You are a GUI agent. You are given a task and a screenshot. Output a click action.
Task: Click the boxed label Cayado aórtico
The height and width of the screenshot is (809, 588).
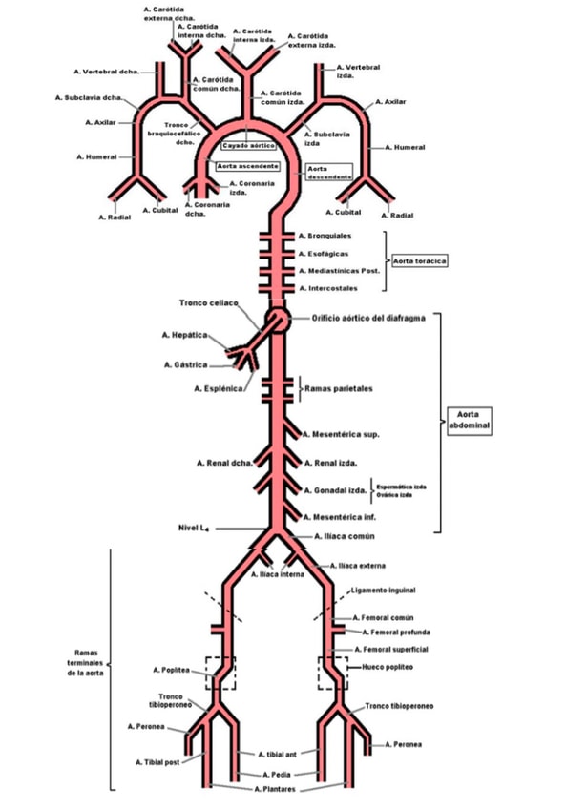249,147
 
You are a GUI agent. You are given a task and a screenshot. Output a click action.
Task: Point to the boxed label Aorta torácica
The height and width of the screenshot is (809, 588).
421,259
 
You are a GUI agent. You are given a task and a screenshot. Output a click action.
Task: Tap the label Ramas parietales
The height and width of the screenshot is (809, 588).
338,389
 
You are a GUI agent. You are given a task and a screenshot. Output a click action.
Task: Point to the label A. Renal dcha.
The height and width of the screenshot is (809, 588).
225,464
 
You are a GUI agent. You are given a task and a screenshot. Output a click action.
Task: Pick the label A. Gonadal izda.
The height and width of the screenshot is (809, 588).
335,490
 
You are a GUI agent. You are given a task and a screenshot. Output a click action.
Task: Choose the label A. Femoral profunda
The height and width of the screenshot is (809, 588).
396,632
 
